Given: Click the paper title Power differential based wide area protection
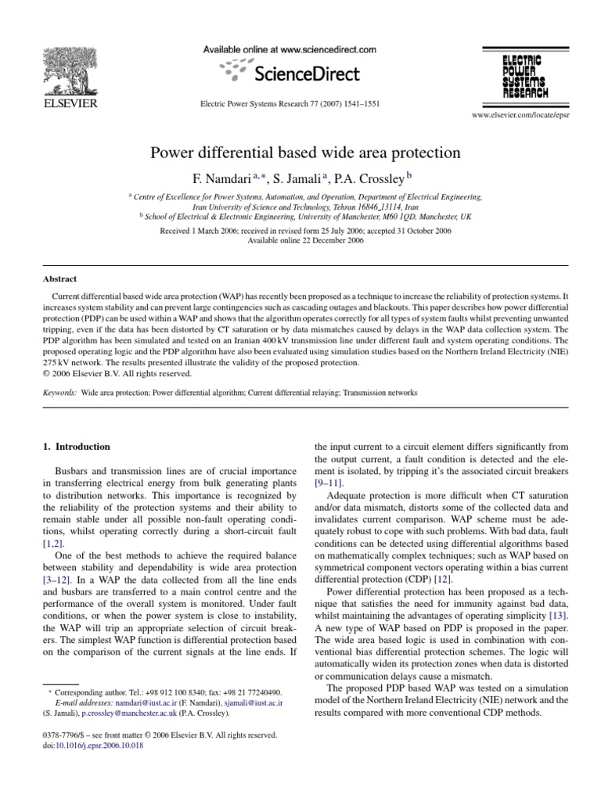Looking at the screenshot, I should click(x=300, y=152).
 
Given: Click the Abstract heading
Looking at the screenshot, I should click(x=59, y=278).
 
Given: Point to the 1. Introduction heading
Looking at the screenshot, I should click(x=76, y=447).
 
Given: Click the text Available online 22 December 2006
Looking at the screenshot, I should click(x=300, y=240).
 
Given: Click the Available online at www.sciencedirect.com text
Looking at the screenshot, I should click(x=290, y=49).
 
